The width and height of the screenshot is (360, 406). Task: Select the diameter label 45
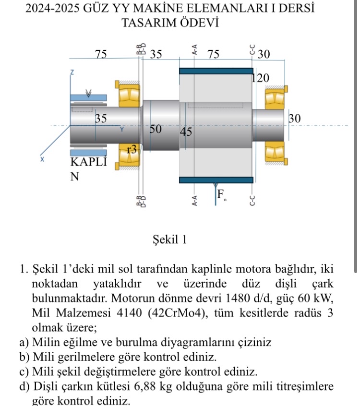click(x=186, y=132)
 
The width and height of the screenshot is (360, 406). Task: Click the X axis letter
click(x=42, y=159)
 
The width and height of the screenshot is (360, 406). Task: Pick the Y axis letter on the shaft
click(x=122, y=129)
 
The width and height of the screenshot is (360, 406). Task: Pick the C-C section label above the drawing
click(x=251, y=49)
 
